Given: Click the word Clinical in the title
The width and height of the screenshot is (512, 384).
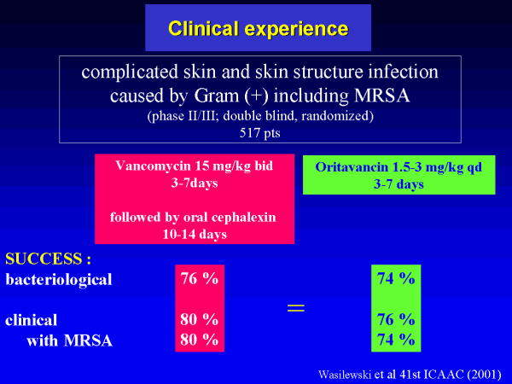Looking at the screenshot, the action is coord(203,28).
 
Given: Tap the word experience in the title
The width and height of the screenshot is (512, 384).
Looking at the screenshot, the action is coord(296,30).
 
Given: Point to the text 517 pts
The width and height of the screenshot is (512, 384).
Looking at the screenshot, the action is coord(260,133).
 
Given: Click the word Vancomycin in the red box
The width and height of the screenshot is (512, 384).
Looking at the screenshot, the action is coord(153,166).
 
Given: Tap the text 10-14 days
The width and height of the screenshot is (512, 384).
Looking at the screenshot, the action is coord(195,235).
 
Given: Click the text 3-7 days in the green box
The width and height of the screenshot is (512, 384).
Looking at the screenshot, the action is coord(399,184).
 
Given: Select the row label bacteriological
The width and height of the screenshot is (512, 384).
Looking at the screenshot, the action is coord(59,280).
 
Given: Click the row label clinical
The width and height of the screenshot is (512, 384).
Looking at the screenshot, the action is coord(31,320).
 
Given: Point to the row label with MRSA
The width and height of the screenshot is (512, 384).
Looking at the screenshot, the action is coord(69,340).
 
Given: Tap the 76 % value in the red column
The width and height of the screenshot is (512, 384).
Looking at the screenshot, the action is coord(199,278).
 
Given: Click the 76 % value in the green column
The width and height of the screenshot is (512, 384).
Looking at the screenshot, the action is coord(396,319).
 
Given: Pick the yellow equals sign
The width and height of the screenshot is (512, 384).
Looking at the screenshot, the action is coord(296,307).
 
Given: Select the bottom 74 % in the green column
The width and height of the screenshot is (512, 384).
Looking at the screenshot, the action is coord(396,340).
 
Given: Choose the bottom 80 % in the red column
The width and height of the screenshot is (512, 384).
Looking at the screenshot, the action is coord(199,340).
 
